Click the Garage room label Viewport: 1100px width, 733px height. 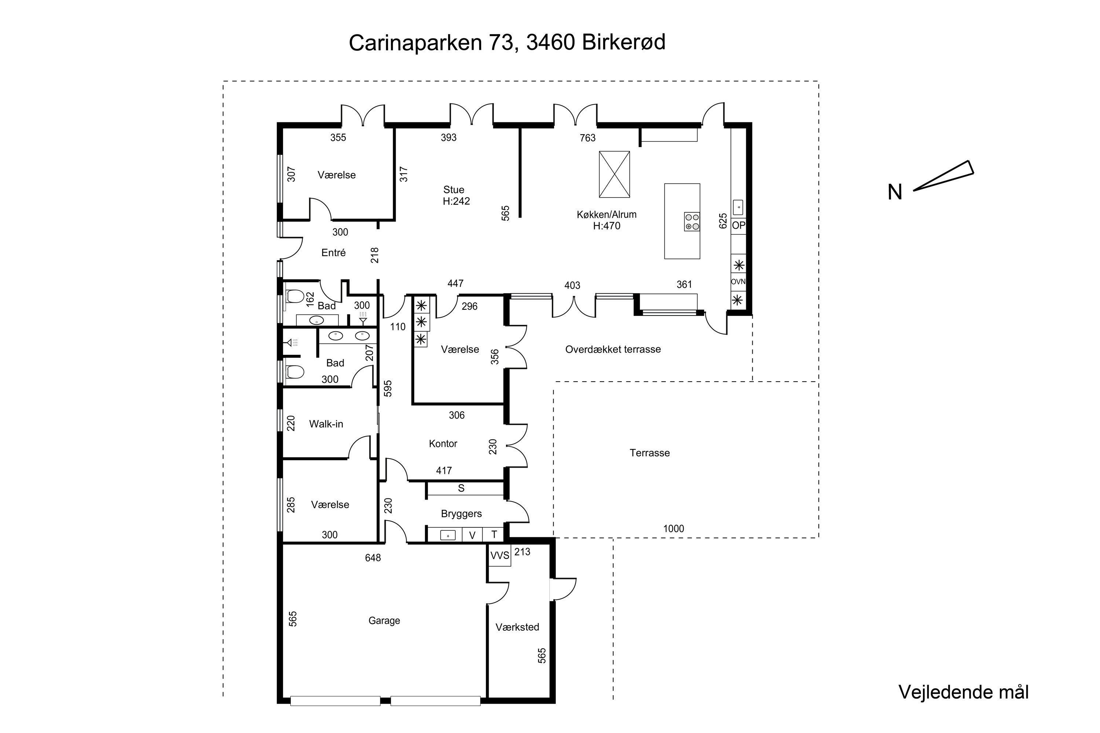tap(384, 620)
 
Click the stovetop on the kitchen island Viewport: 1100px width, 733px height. tap(692, 222)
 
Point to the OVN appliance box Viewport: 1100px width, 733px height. tap(738, 282)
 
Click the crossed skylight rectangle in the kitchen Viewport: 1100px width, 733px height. tap(614, 174)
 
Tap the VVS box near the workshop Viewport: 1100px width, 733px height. tap(499, 555)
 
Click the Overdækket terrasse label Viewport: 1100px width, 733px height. tap(613, 349)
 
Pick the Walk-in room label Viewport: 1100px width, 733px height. tap(326, 424)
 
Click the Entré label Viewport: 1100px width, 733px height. tap(333, 253)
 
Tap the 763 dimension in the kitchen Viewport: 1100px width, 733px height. tap(587, 138)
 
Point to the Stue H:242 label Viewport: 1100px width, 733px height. tap(455, 195)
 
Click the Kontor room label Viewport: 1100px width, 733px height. tap(443, 443)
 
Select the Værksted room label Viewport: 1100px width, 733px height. tap(517, 627)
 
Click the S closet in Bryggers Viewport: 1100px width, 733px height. tap(461, 489)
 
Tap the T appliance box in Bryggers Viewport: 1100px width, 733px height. tap(494, 535)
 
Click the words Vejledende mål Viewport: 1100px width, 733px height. tap(964, 692)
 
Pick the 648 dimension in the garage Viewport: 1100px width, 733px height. tap(373, 558)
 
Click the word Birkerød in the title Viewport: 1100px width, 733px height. tap(623, 43)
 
